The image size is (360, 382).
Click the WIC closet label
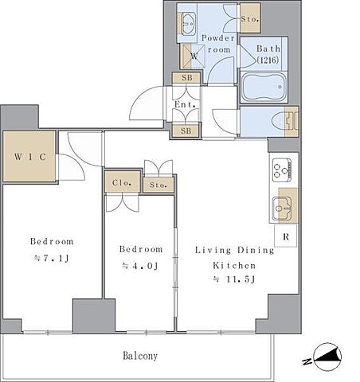click(x=30, y=157)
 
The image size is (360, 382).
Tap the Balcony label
click(x=140, y=356)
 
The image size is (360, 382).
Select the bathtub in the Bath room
click(x=264, y=87)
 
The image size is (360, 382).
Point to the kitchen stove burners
click(x=282, y=170)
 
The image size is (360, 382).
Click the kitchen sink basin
click(x=282, y=209)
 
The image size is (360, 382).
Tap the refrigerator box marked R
click(x=285, y=236)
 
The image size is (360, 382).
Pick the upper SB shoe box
click(x=186, y=78)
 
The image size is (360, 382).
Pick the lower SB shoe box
click(x=186, y=131)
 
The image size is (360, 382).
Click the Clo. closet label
click(x=122, y=182)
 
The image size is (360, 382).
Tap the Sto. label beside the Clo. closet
click(x=158, y=185)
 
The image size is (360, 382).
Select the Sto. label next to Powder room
click(x=250, y=19)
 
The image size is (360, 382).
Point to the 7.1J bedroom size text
click(x=52, y=258)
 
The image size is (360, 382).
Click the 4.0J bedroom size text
click(x=140, y=266)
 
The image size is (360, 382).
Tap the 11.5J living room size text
click(x=234, y=279)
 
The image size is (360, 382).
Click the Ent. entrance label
click(x=186, y=104)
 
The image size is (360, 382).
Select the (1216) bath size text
click(x=268, y=60)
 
